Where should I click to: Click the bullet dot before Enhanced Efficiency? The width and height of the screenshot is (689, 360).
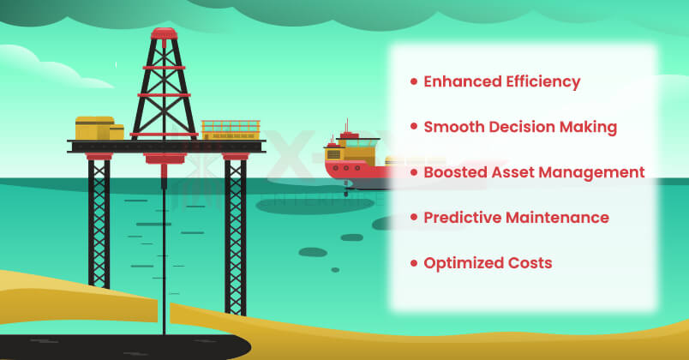click(x=414, y=82)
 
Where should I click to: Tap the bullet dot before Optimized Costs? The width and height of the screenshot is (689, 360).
click(x=414, y=263)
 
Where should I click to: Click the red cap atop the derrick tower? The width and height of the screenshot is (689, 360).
click(x=163, y=34)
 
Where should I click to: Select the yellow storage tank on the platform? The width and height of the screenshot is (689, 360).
click(x=94, y=129)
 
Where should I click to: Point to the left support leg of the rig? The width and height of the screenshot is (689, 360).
click(x=99, y=231)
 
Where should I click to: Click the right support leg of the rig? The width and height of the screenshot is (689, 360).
click(x=235, y=231)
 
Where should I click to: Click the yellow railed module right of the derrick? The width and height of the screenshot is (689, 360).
click(x=231, y=129)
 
